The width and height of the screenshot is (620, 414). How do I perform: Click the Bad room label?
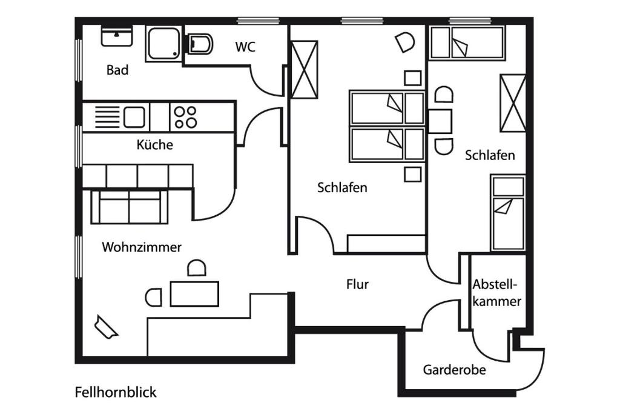(117, 70)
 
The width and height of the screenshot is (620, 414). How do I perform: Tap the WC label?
(245, 47)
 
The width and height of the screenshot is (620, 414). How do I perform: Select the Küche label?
(154, 144)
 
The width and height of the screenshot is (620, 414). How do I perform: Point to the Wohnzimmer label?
(142, 247)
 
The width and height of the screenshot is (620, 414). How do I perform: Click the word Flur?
(357, 284)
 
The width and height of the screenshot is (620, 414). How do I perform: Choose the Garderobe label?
(454, 370)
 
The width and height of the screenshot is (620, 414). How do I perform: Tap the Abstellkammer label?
(496, 293)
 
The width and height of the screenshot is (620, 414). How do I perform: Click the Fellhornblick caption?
(116, 392)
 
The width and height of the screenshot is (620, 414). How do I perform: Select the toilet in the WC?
(200, 44)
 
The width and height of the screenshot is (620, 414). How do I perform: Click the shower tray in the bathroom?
(163, 43)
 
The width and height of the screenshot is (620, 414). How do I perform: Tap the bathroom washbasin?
(117, 36)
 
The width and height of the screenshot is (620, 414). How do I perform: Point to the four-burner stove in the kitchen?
(185, 117)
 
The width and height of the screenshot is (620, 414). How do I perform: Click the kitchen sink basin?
(134, 117)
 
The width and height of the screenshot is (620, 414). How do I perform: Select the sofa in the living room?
(130, 207)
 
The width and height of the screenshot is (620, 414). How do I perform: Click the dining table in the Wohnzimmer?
(194, 293)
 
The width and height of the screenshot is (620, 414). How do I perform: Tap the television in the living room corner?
(106, 327)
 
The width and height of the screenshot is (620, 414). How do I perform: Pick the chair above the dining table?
(197, 268)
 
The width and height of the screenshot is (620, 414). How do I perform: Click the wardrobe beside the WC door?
(305, 70)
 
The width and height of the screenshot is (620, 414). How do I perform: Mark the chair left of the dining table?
(153, 297)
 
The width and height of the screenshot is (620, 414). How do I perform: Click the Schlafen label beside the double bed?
(342, 187)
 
